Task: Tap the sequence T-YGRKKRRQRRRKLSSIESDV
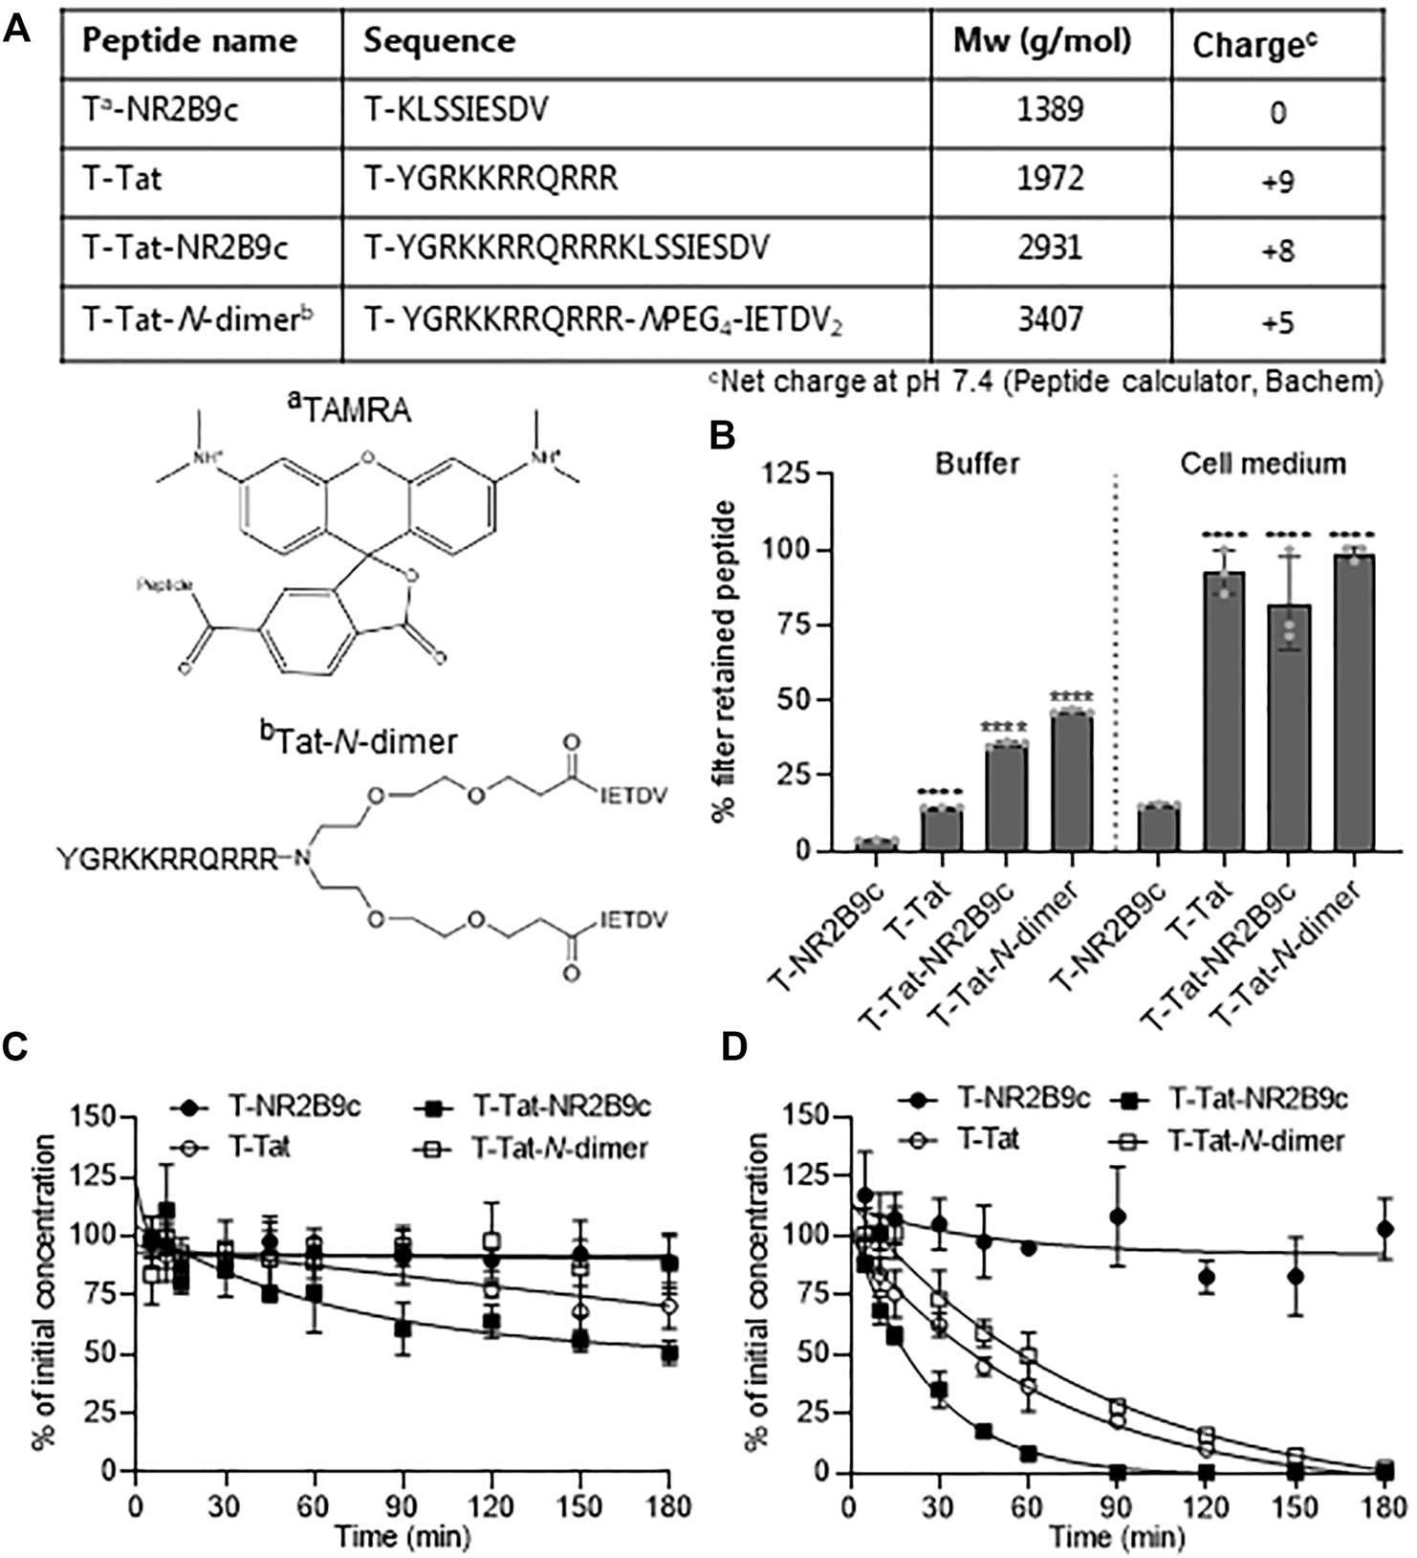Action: click(567, 249)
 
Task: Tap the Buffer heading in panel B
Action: click(977, 464)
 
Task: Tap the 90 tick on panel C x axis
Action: click(403, 1506)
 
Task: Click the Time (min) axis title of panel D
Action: click(1117, 1537)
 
